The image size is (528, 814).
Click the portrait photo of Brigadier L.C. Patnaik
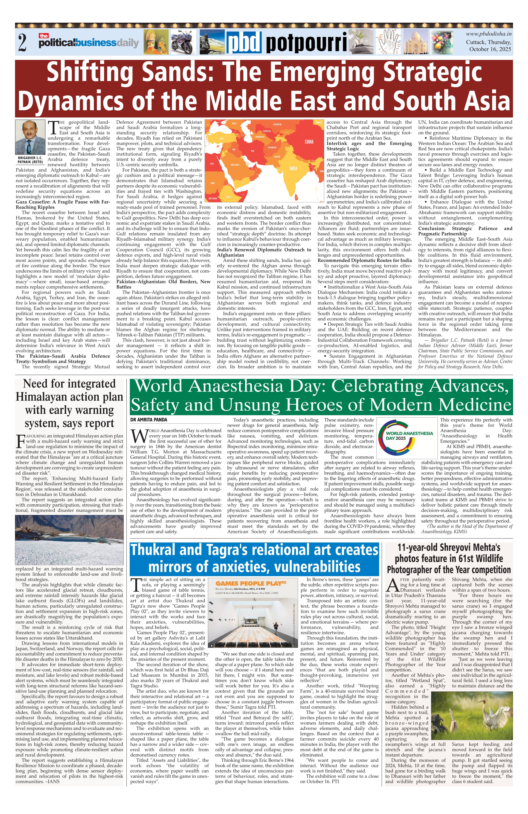click(30, 137)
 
